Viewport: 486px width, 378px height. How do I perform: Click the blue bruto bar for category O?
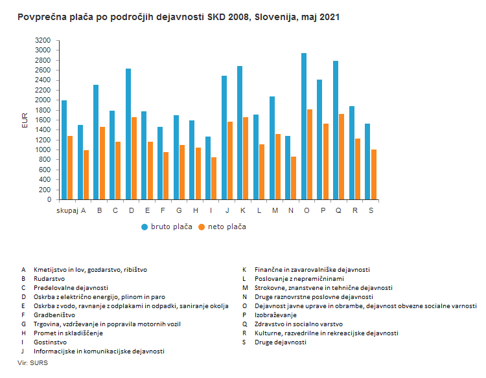304,126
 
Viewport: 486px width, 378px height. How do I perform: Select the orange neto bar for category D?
134,159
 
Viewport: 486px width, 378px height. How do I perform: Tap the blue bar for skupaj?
64,150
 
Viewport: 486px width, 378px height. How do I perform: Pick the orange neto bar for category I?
214,179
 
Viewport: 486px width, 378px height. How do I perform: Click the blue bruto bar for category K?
240,133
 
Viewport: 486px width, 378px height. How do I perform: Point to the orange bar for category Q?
341,157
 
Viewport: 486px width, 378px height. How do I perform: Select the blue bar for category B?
96,142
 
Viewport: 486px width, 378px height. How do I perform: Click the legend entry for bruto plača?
167,227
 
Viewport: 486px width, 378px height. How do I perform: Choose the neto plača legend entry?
222,227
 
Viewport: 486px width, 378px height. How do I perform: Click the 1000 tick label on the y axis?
43,150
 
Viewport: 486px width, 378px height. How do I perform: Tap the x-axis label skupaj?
67,211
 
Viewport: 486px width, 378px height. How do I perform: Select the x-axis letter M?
275,210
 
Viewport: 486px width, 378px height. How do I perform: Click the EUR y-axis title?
25,120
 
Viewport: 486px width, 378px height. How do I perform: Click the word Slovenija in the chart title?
275,17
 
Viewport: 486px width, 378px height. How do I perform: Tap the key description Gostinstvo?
50,342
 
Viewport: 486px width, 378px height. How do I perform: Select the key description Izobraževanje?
275,315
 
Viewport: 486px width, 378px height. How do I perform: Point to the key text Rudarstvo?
49,278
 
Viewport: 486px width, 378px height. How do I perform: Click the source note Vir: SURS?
33,363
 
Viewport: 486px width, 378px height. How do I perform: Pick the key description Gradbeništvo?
54,315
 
